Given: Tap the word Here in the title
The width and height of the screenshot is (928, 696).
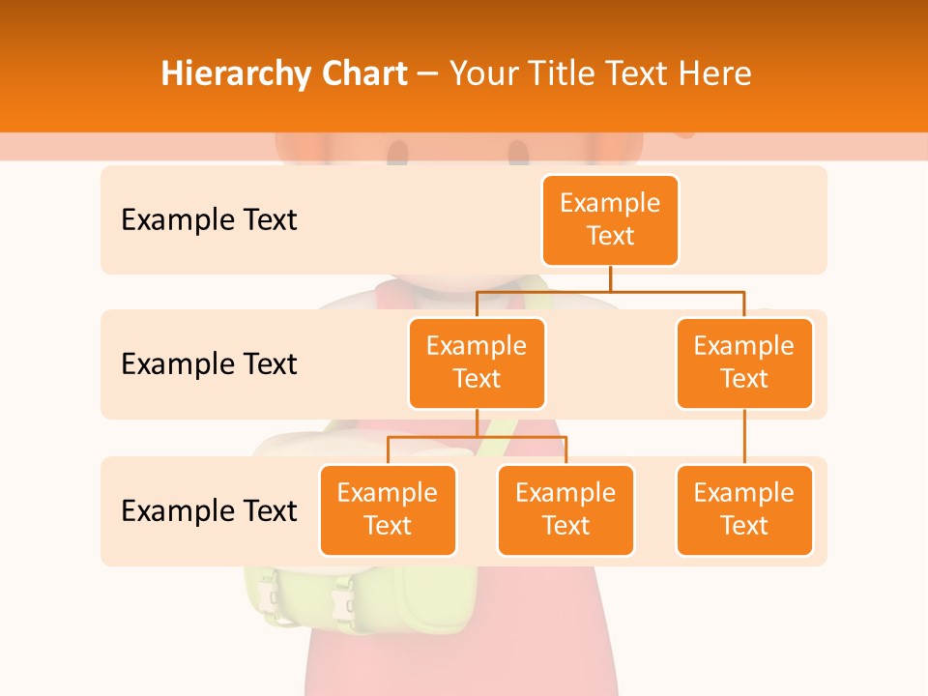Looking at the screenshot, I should (x=714, y=74).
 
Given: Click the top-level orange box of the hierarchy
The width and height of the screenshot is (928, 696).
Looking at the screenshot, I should (x=610, y=219).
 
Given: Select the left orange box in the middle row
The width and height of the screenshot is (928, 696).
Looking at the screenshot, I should (x=477, y=362).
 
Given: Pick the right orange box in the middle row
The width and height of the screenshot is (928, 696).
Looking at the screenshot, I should (x=744, y=362).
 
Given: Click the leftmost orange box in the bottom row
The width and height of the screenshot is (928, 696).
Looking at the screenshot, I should (x=388, y=509).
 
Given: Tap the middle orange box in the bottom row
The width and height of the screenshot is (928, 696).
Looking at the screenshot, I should (x=565, y=509).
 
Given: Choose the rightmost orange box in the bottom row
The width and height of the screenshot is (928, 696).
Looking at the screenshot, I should (x=744, y=509).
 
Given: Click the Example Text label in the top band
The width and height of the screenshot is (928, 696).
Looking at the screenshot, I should (x=209, y=220).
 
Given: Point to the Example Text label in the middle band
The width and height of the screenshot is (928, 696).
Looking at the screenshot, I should (x=209, y=364).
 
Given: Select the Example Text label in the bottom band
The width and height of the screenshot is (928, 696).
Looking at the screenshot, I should (x=209, y=510).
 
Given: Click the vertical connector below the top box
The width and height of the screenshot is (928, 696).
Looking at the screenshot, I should (x=610, y=278).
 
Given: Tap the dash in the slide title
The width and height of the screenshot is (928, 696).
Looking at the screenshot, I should (x=428, y=74).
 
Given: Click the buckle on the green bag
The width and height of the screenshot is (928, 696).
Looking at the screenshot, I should (x=345, y=603).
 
